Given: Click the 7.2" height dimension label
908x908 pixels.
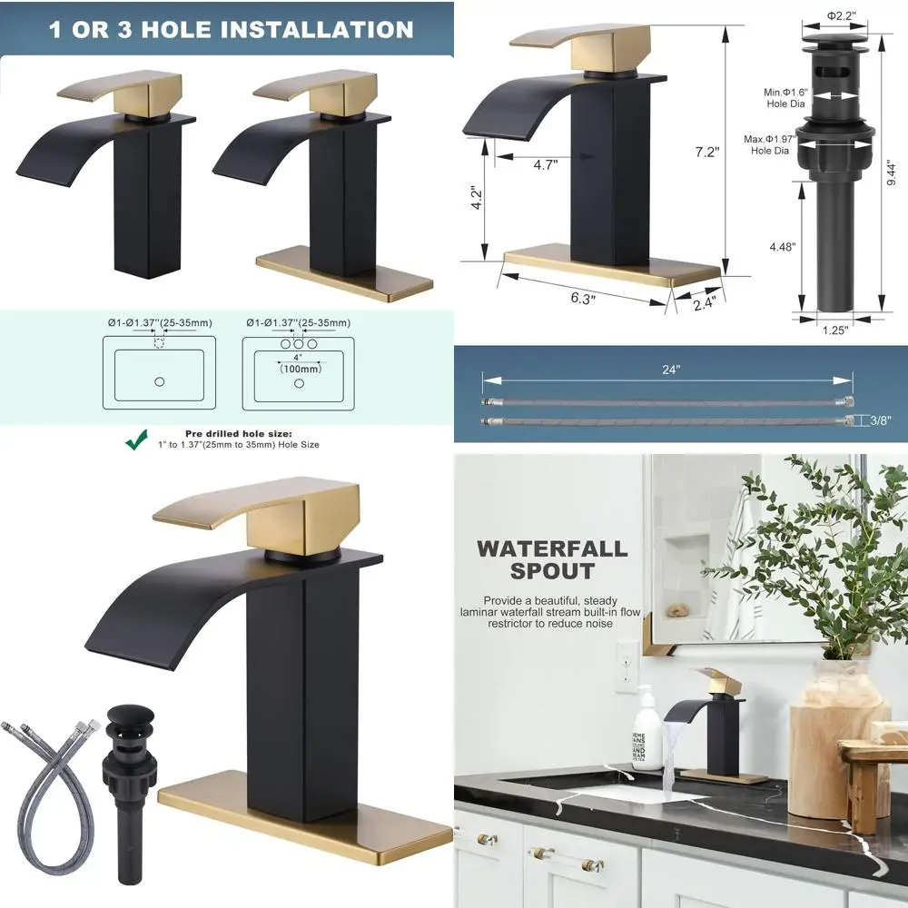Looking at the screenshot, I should click(706, 152).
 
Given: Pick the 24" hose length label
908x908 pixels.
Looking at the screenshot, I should click(671, 370).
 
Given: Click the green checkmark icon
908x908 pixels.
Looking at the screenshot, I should click(137, 440).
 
